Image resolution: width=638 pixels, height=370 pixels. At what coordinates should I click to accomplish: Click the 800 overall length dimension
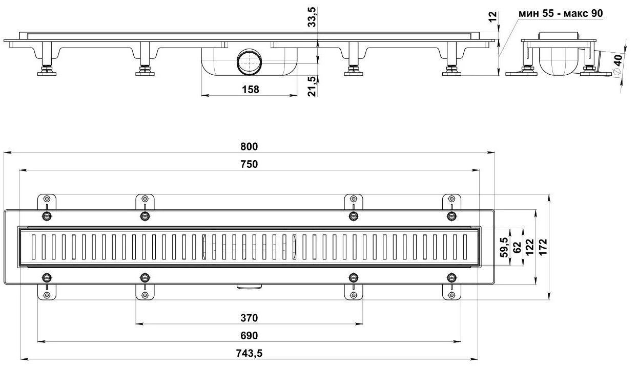pos(249,146)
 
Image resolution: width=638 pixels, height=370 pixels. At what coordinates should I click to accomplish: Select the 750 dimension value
pos(249,164)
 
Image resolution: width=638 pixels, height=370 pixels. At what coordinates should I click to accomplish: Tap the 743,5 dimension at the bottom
pos(249,354)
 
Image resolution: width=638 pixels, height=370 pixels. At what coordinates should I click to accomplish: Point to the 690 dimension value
pos(249,336)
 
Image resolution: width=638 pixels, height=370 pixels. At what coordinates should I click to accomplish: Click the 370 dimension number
pos(249,318)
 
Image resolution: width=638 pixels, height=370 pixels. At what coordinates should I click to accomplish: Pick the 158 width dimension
pos(251,90)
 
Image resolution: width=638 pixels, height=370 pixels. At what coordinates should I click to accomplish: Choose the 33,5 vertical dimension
pos(312,17)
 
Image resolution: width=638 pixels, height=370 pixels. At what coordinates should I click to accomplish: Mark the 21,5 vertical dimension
pos(312,86)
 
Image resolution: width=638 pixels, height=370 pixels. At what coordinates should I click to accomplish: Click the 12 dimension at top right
pos(492,16)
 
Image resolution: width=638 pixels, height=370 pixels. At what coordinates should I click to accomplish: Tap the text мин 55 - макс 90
pos(561,13)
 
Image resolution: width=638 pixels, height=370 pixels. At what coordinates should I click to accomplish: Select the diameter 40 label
pos(618,65)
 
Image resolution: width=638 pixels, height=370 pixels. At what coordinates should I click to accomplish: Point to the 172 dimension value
pos(543,247)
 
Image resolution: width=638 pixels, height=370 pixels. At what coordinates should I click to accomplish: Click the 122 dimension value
pos(530,247)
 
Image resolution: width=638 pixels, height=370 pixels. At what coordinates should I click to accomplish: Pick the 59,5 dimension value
pos(504,247)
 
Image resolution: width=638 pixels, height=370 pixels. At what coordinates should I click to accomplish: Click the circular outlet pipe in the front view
pos(249,62)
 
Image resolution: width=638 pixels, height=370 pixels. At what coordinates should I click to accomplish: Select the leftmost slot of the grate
pos(34,247)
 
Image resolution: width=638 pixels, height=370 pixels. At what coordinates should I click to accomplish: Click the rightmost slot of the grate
pos(465,247)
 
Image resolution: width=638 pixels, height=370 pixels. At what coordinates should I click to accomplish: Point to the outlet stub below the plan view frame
pos(249,287)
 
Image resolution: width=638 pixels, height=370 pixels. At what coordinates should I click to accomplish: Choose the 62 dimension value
pos(517,247)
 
